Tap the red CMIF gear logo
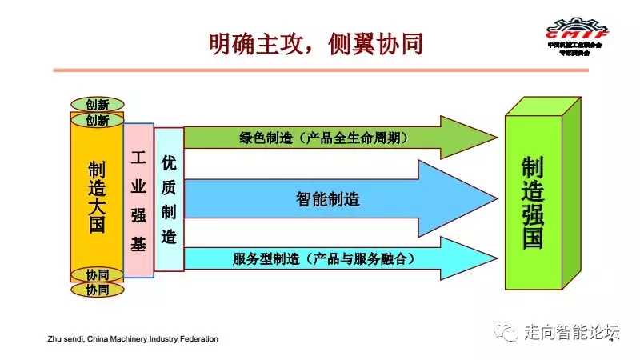pyautogui.click(x=576, y=30)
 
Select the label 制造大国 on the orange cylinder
pyautogui.click(x=97, y=197)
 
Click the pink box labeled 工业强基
pyautogui.click(x=138, y=200)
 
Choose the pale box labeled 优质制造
pyautogui.click(x=169, y=200)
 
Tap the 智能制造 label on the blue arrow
pyautogui.click(x=327, y=199)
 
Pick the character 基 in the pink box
pyautogui.click(x=138, y=245)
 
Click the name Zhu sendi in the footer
pyautogui.click(x=68, y=339)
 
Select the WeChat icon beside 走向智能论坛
pyautogui.click(x=505, y=332)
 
